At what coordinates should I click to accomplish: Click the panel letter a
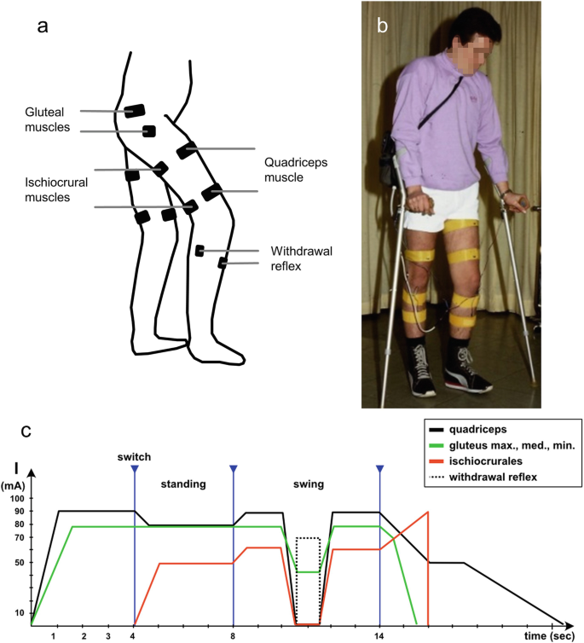pyautogui.click(x=43, y=26)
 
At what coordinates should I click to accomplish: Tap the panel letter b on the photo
pyautogui.click(x=383, y=26)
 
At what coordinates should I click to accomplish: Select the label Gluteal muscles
pyautogui.click(x=49, y=119)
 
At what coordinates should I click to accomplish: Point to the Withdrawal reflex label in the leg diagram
pyautogui.click(x=298, y=258)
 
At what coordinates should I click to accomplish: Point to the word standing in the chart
pyautogui.click(x=184, y=484)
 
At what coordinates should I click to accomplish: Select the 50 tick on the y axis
pyautogui.click(x=19, y=564)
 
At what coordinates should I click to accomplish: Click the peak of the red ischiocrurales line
pyautogui.click(x=427, y=512)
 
